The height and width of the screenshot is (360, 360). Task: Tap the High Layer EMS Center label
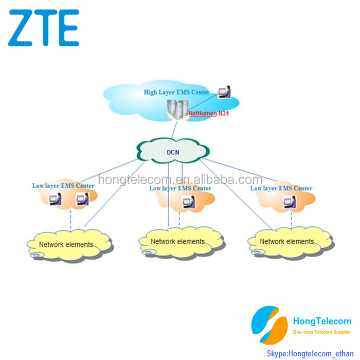(x=176, y=92)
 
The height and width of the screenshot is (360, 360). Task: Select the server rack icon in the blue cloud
(x=176, y=107)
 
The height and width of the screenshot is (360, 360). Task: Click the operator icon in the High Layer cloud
(x=224, y=92)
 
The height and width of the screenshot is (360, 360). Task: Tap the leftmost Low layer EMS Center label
(x=63, y=186)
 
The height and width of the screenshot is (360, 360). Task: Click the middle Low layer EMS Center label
(x=180, y=188)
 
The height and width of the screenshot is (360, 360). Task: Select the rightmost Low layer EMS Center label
(x=281, y=188)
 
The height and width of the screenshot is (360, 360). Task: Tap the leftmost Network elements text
(x=66, y=244)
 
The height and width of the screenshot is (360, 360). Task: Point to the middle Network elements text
(x=177, y=241)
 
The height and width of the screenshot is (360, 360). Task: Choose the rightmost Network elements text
(x=286, y=241)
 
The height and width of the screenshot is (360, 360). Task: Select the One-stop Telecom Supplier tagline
(x=322, y=332)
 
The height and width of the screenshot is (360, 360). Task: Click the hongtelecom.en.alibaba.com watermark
(x=180, y=179)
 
